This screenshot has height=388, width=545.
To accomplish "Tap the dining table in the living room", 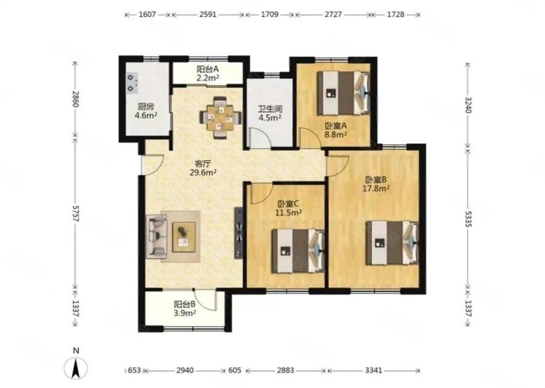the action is tap(221, 118).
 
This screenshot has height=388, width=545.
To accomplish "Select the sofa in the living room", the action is tap(156, 237).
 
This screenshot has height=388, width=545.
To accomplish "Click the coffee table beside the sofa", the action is tap(184, 237).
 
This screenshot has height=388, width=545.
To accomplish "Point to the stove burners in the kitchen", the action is tap(131, 83).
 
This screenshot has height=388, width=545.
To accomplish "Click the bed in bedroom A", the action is tap(343, 93).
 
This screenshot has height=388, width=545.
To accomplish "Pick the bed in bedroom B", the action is tap(392, 243).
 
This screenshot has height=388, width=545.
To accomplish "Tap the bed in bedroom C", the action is tap(298, 250).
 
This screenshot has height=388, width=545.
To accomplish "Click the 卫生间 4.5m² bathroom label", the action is tap(270, 113).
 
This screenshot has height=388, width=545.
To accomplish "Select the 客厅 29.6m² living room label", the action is tap(203, 168).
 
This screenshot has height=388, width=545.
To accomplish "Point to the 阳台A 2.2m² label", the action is tap(208, 73).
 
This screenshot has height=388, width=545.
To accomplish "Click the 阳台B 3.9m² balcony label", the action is tap(185, 309).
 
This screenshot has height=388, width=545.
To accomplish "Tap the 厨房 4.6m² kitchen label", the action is tap(146, 110).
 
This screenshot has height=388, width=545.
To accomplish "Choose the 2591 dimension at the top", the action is tap(208, 15).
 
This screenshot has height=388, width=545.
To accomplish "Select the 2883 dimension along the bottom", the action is tap(285, 370).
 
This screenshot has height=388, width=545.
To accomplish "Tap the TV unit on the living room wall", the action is tap(239, 233).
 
